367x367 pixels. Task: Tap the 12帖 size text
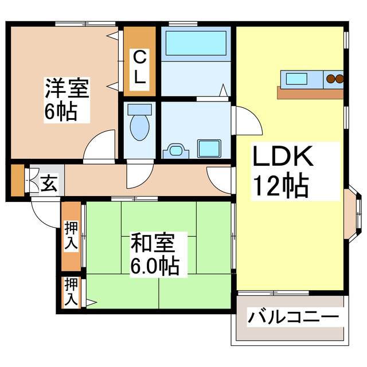[x=282, y=185]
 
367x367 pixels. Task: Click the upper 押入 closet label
[x=71, y=235]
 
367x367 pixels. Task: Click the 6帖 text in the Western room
[x=61, y=112]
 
